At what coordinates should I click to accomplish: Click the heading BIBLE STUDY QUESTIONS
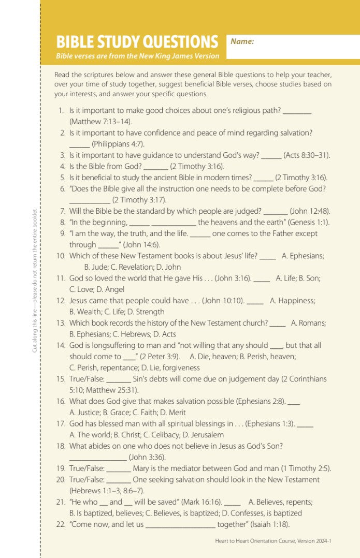[x=137, y=42]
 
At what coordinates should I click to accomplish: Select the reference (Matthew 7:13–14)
[x=100, y=122]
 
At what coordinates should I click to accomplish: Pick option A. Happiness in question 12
[x=292, y=300]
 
